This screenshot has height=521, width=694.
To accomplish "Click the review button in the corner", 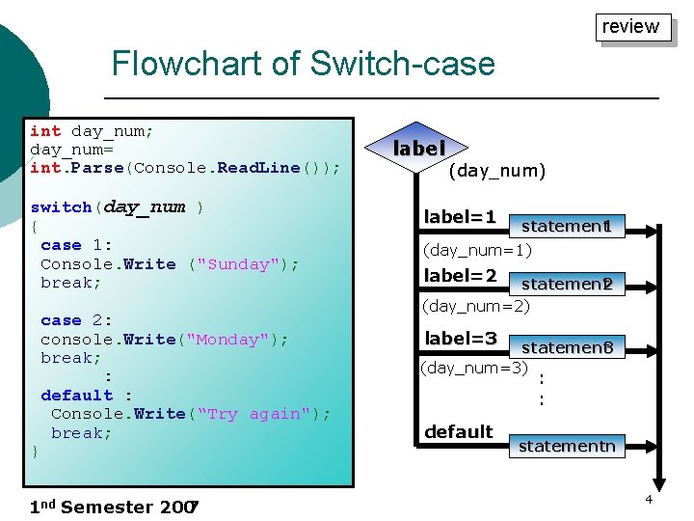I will click(630, 27).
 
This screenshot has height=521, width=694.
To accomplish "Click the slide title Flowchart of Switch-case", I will click(303, 65).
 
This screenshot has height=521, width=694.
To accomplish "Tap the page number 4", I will click(649, 499).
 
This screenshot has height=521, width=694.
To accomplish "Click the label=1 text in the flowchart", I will click(460, 218).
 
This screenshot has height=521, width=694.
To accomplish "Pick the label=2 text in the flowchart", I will click(460, 277).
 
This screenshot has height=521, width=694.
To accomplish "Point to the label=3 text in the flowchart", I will click(461, 339).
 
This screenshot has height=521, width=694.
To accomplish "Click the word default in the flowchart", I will click(458, 431).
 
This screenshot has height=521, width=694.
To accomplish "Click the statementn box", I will click(567, 446).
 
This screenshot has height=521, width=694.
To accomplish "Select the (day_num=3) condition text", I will click(473, 368).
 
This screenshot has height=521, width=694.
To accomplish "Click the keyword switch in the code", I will click(62, 207).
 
